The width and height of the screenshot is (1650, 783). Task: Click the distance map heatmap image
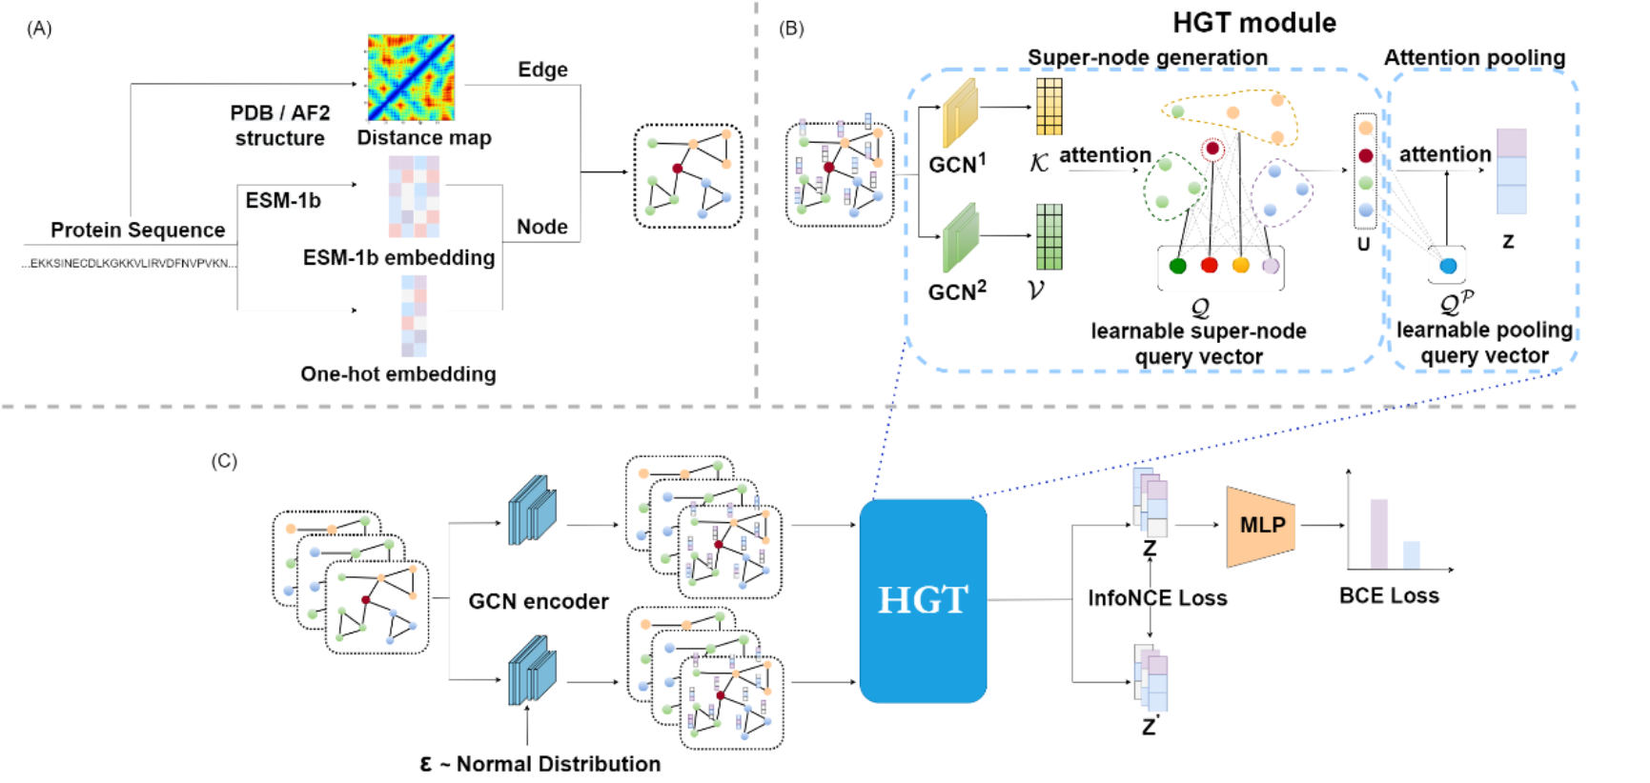pos(411,78)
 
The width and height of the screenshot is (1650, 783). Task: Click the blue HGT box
pos(923,600)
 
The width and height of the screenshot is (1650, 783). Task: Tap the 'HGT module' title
pos(1253,23)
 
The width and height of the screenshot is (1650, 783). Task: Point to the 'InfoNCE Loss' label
pos(1157,598)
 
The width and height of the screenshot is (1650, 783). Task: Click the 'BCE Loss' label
pos(1389,596)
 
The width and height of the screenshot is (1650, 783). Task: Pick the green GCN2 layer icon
pos(960,238)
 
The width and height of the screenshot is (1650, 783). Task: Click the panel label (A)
pos(39,29)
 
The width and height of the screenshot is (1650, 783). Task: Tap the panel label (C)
pos(224,461)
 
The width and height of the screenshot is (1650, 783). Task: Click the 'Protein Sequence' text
pos(137,231)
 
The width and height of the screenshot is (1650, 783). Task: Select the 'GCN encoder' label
pos(539,602)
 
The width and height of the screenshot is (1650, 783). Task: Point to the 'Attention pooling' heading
pos(1475,58)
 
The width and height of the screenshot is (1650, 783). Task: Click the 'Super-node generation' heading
pos(1148,58)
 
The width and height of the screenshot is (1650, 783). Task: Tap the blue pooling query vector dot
pos(1448,266)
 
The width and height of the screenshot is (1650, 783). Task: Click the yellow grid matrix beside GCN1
pos(1049,107)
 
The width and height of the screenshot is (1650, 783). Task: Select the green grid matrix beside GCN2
pos(1049,237)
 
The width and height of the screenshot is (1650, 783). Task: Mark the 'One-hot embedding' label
pos(398,374)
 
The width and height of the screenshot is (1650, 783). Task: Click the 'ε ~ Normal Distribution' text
pos(540,764)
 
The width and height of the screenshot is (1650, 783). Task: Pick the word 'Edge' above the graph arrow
pos(542,70)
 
